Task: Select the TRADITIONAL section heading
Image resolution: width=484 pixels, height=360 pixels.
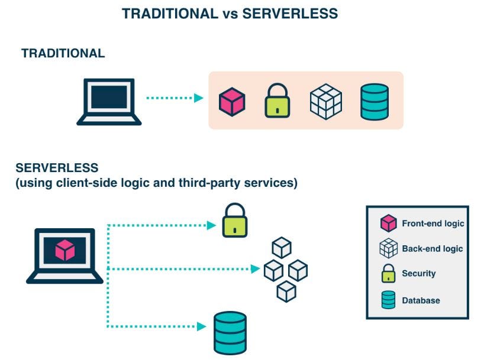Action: [x=63, y=53]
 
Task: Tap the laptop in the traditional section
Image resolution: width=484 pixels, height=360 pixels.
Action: [x=109, y=102]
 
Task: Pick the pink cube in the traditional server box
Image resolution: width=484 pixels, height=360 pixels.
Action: [x=232, y=101]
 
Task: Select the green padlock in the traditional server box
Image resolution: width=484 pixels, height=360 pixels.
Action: [x=277, y=101]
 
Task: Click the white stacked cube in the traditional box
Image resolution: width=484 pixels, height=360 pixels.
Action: [x=326, y=101]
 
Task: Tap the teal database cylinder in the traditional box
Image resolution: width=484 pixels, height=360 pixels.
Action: [x=374, y=101]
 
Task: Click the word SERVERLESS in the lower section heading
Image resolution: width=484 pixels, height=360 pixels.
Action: [x=57, y=168]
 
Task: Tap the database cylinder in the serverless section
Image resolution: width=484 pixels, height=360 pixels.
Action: [x=230, y=333]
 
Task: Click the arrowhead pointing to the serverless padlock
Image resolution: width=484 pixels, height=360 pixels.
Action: [x=212, y=225]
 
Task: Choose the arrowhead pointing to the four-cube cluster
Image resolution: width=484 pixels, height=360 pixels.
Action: [x=255, y=269]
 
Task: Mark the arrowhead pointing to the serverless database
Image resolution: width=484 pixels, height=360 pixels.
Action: [x=201, y=326]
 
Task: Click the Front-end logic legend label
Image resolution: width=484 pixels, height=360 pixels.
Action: [x=433, y=223]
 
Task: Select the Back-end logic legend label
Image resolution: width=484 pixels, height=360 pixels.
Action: [x=432, y=248]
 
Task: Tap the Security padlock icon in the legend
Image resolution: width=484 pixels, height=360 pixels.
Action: [x=388, y=274]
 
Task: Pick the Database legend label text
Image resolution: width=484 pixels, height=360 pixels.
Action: [x=421, y=300]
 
